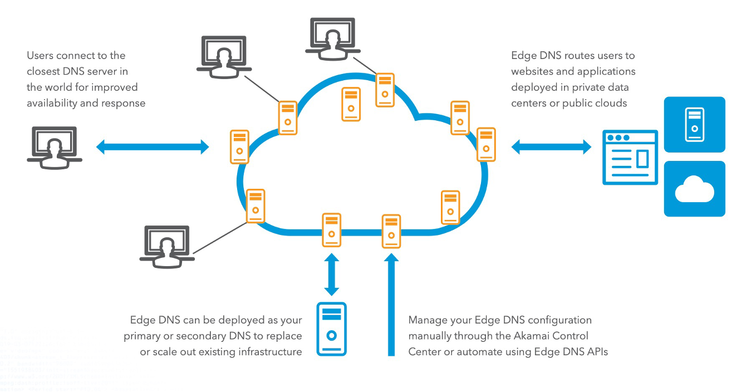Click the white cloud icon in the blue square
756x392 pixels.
(x=694, y=189)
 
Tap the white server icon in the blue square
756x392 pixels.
(x=694, y=124)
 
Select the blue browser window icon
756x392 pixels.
(x=630, y=157)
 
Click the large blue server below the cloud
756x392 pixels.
(x=331, y=329)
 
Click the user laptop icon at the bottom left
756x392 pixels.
(x=166, y=243)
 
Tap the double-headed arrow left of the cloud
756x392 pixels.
(x=153, y=147)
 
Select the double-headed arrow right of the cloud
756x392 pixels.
(x=551, y=147)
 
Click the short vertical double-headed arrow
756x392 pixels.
(x=332, y=275)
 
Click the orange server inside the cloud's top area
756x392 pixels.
(x=351, y=104)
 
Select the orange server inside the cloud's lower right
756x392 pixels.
(x=450, y=207)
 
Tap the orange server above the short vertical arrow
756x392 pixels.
(x=332, y=230)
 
